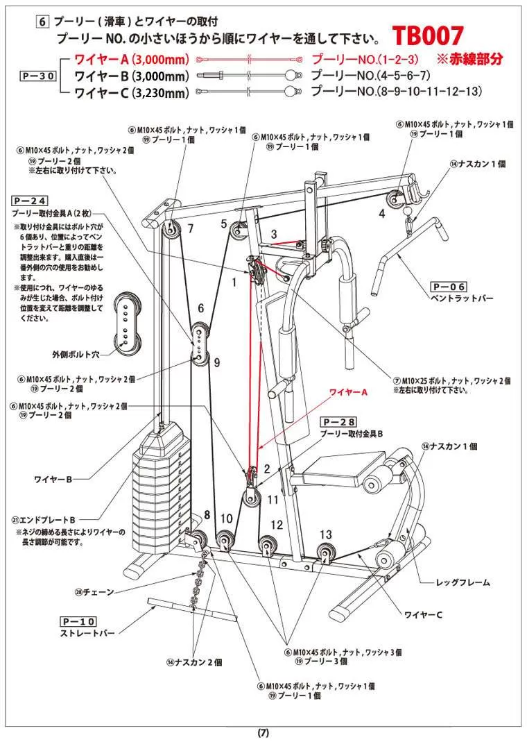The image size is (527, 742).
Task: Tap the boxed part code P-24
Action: coord(29,199)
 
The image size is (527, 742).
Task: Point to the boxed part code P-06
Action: coord(449,286)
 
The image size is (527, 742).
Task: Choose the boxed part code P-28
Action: coord(338,421)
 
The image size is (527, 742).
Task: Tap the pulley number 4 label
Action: coord(381,214)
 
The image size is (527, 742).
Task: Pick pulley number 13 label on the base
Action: coord(326,534)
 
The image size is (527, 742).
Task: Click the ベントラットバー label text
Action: coord(463,298)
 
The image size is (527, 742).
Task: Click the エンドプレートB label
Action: coord(43,519)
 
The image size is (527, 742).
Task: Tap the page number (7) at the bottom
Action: coord(263,732)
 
